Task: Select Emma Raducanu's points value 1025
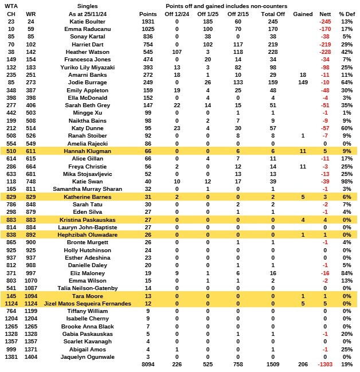click(148, 29)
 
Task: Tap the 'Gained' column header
click(303, 13)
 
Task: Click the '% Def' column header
click(346, 13)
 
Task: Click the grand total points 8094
click(148, 365)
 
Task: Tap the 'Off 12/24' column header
click(177, 13)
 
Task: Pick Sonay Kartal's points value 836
click(148, 36)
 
